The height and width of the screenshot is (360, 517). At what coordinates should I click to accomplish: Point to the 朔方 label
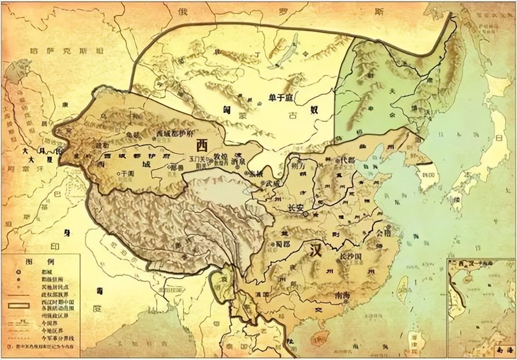point(298,167)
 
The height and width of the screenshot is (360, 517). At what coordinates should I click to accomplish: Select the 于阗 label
point(127,173)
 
